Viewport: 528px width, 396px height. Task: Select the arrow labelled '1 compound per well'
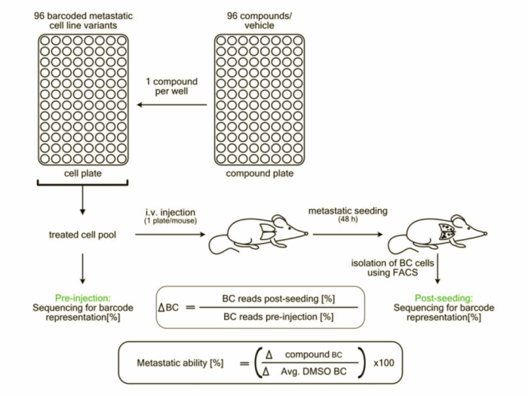(x=173, y=106)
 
